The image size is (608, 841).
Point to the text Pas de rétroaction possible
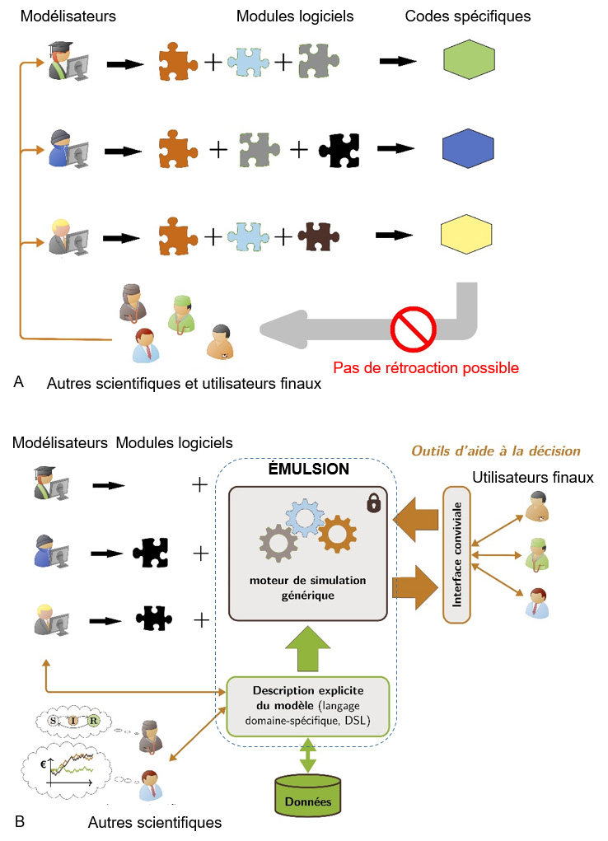tap(425, 368)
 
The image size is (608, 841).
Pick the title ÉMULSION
tap(309, 470)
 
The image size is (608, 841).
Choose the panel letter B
tap(19, 821)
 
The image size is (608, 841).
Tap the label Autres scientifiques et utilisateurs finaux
tap(185, 383)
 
